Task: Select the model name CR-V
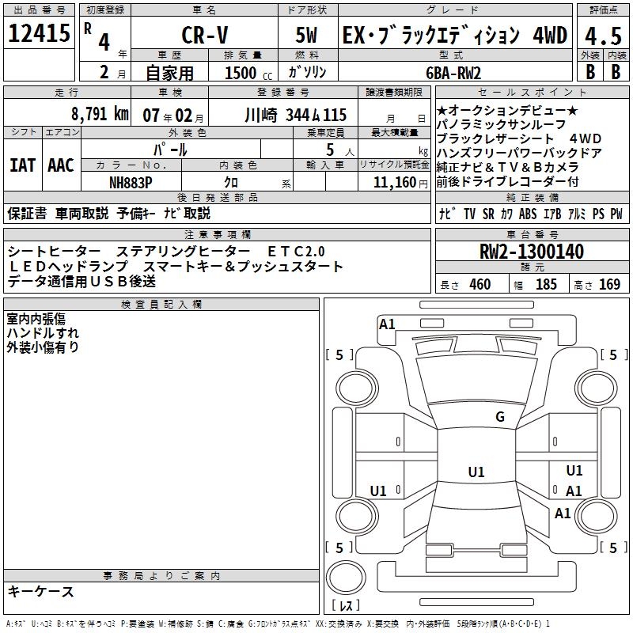coord(203,36)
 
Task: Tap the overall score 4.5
coord(601,36)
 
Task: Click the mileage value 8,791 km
coord(99,114)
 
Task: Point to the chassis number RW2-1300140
coord(532,252)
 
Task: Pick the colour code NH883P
coord(131,182)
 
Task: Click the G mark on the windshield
coord(499,417)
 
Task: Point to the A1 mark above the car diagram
coord(387,324)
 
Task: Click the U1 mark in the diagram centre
coord(476,472)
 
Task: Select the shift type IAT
coord(21,165)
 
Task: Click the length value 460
coord(479,285)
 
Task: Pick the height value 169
coord(609,285)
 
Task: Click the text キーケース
coord(40,591)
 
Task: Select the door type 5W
coord(308,36)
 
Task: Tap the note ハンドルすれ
coord(43,332)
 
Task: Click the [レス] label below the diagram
coord(346,606)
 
